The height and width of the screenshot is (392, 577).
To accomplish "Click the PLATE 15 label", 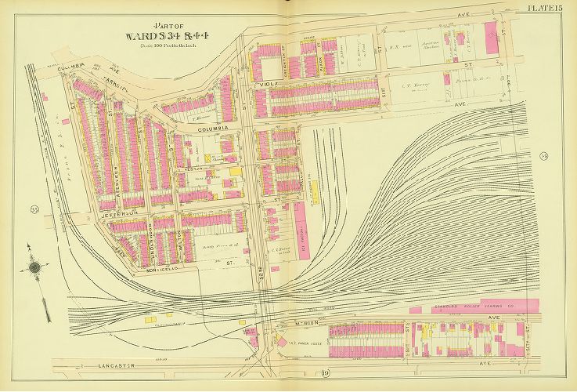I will point(541,8).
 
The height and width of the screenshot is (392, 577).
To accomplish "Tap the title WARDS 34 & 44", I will point(170,35).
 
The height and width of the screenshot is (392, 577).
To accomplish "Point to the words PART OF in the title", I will point(170,24).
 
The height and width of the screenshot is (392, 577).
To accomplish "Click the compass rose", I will point(35,267).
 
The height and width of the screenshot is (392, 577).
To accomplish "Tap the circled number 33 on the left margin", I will point(35,209).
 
